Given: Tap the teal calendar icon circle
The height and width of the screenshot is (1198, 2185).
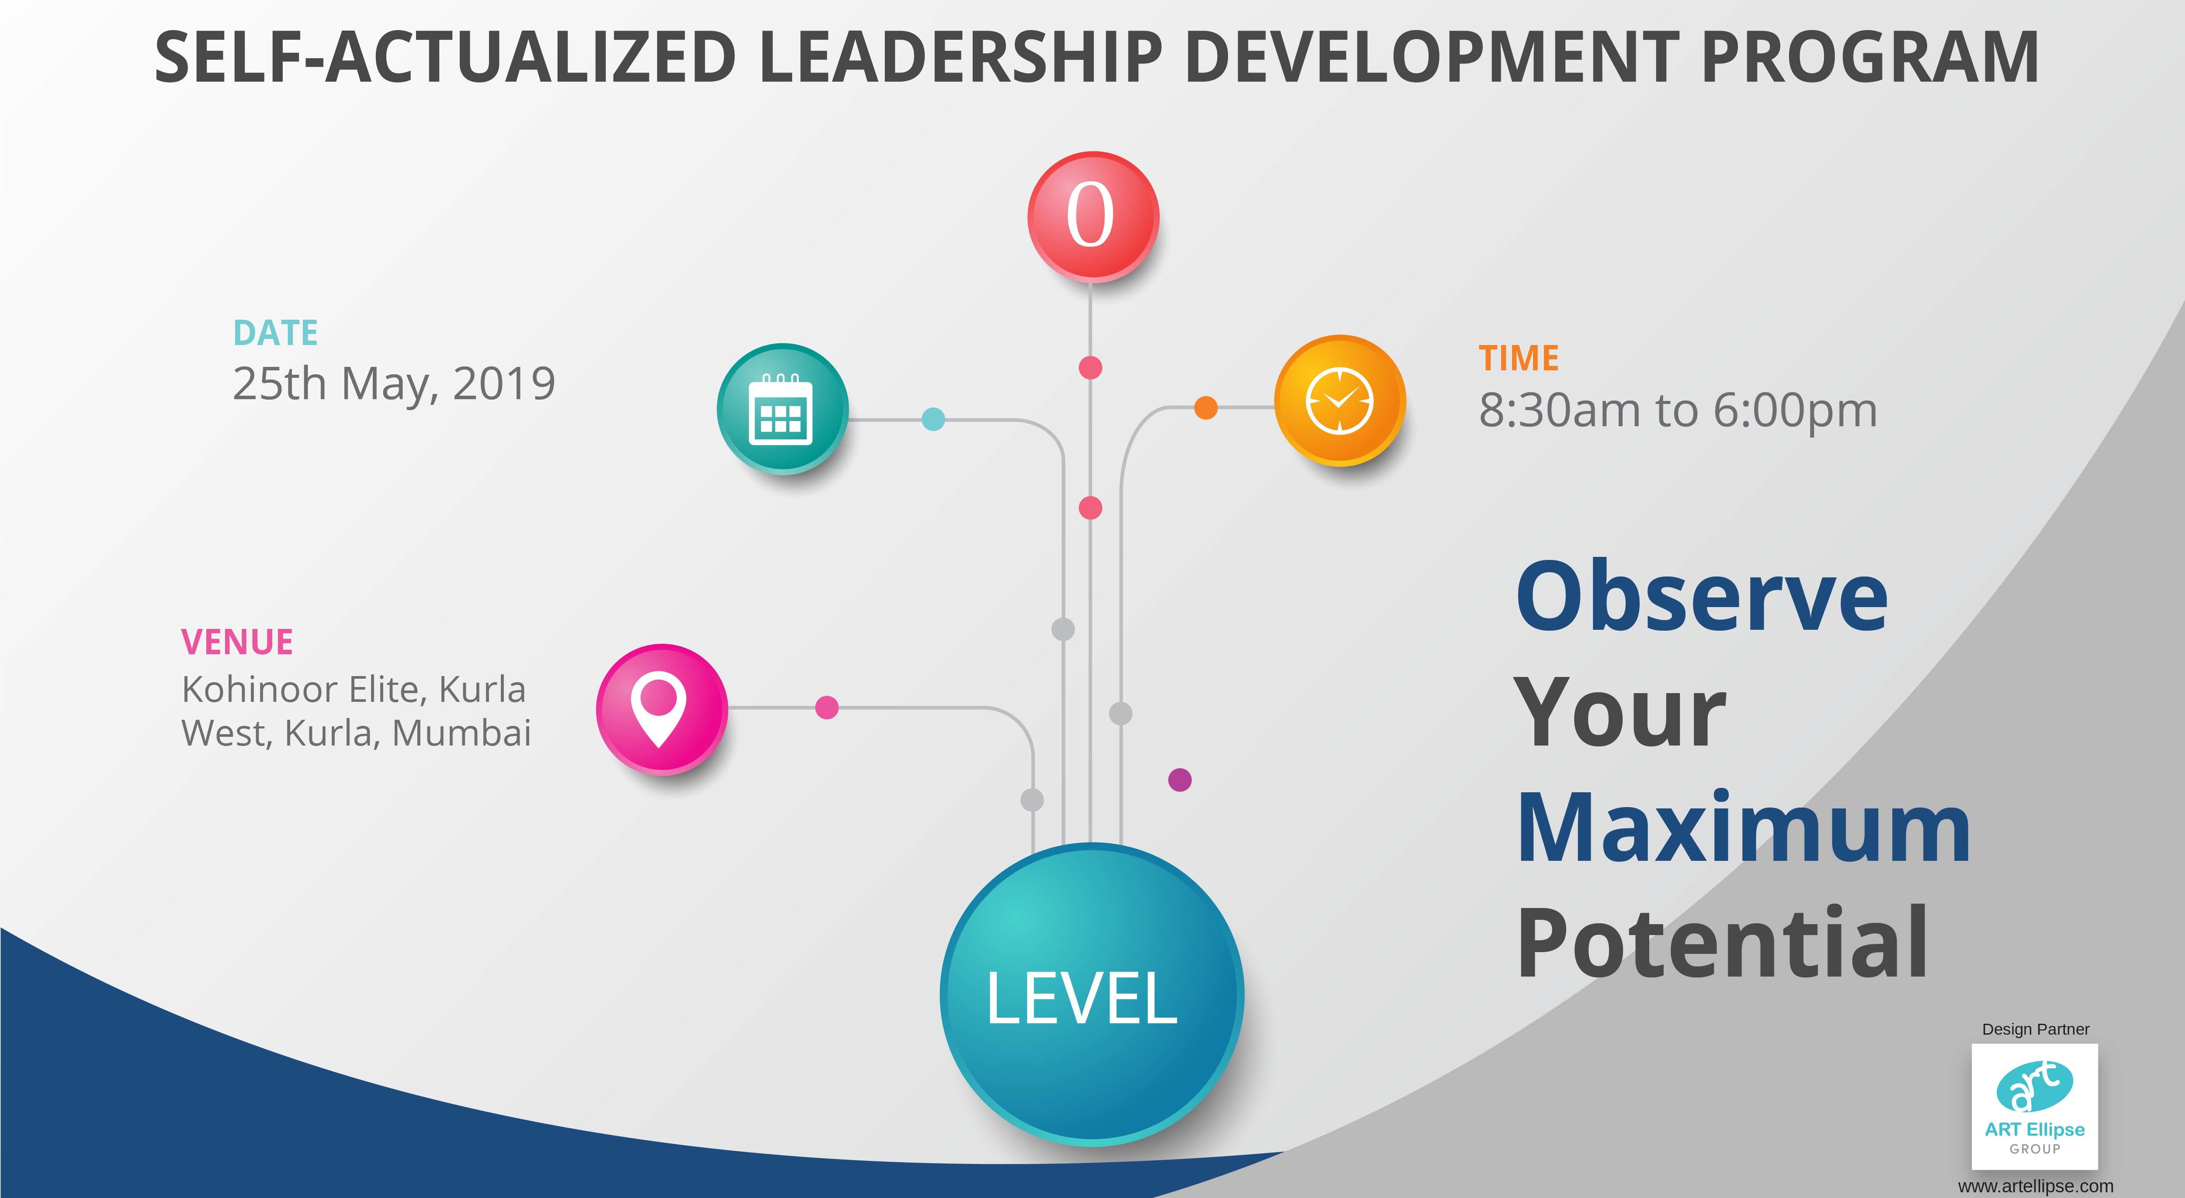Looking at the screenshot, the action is (782, 409).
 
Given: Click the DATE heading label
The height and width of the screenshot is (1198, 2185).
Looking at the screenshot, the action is (276, 333).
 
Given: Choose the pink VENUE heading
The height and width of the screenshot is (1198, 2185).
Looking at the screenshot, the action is (237, 642).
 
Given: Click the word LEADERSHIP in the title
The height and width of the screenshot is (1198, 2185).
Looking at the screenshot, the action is (959, 58).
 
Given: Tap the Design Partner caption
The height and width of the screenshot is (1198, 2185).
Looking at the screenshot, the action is (2036, 1029).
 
